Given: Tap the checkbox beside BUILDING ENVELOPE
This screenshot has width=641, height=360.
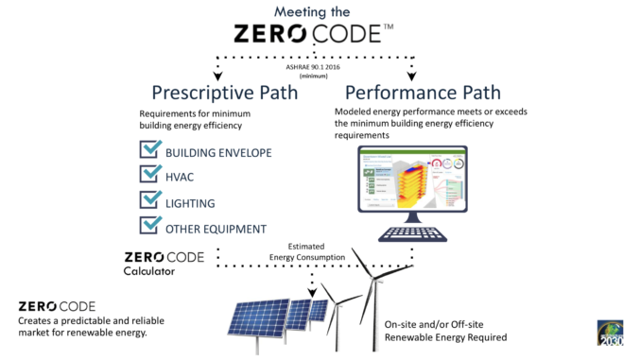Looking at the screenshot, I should (x=149, y=150).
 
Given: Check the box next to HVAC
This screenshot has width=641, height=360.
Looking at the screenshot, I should (x=149, y=175).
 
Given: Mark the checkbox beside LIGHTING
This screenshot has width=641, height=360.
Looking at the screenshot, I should (x=149, y=200).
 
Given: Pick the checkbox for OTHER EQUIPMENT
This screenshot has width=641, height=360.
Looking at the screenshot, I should (x=149, y=225).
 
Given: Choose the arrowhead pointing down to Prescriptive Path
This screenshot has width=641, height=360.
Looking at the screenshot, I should (x=218, y=76).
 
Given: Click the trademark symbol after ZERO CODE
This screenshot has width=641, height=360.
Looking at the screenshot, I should (x=388, y=29).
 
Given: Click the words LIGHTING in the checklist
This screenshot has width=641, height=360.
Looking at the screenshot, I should (x=191, y=203).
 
